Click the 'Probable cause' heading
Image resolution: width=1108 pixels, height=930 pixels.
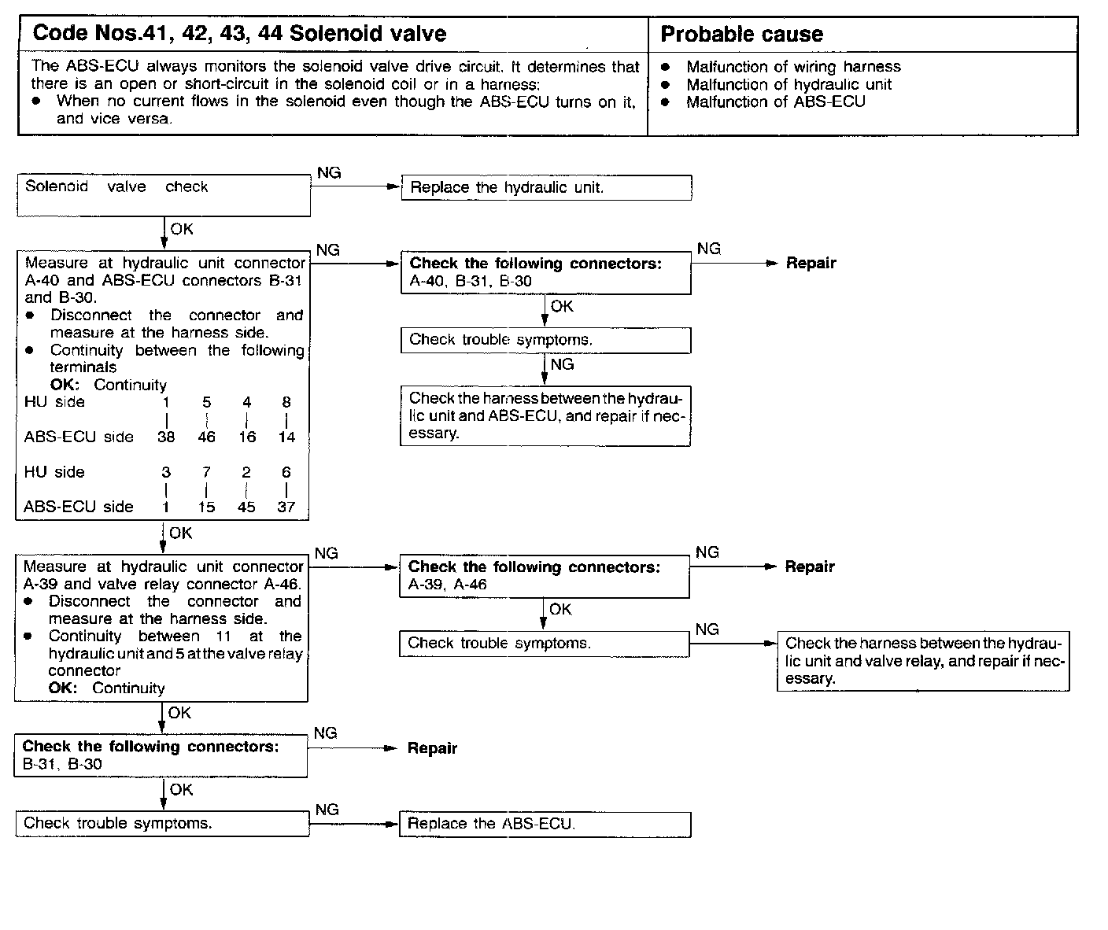[741, 35]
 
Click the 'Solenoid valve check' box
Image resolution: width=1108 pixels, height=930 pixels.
[164, 195]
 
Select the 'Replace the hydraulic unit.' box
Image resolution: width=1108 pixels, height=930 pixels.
[546, 188]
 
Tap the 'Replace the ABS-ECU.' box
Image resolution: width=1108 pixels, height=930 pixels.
[545, 824]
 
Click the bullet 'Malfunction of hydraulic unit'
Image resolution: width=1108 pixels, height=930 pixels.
[789, 84]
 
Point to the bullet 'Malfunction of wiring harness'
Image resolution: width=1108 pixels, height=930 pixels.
[793, 67]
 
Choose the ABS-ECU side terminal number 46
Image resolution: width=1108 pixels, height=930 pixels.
[206, 437]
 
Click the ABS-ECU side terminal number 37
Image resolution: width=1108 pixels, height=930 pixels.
[286, 507]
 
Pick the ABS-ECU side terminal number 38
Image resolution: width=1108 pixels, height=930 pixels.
[166, 437]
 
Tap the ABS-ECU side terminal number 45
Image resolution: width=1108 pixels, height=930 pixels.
[246, 507]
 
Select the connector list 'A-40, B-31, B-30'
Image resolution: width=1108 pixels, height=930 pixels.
[471, 281]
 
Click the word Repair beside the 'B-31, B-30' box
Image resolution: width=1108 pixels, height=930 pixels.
[432, 748]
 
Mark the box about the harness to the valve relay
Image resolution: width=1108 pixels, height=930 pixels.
[923, 661]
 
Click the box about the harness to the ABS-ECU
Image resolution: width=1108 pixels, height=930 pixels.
[545, 415]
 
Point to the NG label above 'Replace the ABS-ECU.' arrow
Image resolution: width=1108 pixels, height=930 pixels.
[327, 810]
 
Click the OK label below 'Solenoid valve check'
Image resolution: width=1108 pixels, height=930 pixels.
[182, 229]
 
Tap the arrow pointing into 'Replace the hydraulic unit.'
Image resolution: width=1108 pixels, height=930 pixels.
[391, 187]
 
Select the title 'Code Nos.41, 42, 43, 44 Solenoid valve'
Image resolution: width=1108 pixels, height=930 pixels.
[239, 34]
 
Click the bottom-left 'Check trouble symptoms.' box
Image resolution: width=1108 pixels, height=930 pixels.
[162, 824]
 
